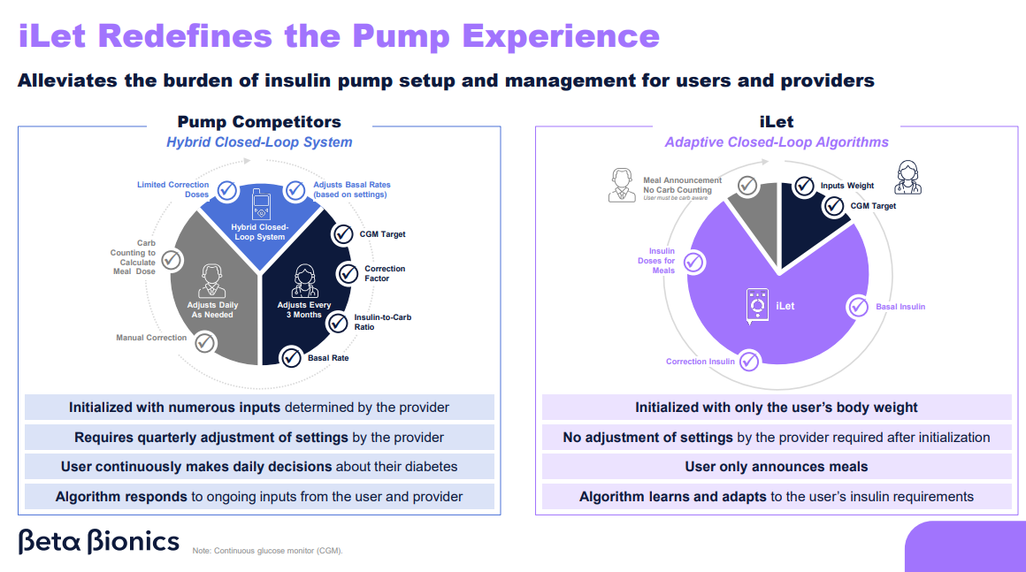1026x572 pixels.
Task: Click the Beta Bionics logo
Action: coord(98,541)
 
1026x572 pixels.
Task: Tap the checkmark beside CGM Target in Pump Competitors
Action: coord(342,234)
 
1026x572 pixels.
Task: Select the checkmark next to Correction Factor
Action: coord(348,273)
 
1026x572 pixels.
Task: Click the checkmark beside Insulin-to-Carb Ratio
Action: coord(338,323)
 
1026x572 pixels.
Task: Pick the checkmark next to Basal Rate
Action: coord(291,357)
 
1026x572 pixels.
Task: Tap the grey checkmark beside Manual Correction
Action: coord(204,341)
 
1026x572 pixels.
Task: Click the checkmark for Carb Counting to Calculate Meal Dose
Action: coord(172,259)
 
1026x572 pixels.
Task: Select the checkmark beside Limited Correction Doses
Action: coord(227,189)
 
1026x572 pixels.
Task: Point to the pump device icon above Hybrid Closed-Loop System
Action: coord(261,204)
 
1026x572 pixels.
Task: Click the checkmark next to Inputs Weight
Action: coord(804,186)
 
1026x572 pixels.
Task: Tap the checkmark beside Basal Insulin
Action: coord(858,307)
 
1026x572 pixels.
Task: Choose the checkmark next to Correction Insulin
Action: coord(749,361)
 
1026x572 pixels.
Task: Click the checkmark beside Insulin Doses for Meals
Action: coord(693,262)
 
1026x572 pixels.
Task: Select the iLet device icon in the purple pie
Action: coord(757,306)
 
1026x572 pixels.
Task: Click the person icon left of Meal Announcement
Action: coord(622,185)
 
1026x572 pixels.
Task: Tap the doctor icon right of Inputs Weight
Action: coord(908,177)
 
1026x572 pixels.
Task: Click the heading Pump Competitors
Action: coord(259,122)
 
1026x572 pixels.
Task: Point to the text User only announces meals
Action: coord(777,467)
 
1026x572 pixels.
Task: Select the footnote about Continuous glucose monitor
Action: coord(267,551)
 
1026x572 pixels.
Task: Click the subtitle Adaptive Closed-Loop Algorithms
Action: coord(777,142)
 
